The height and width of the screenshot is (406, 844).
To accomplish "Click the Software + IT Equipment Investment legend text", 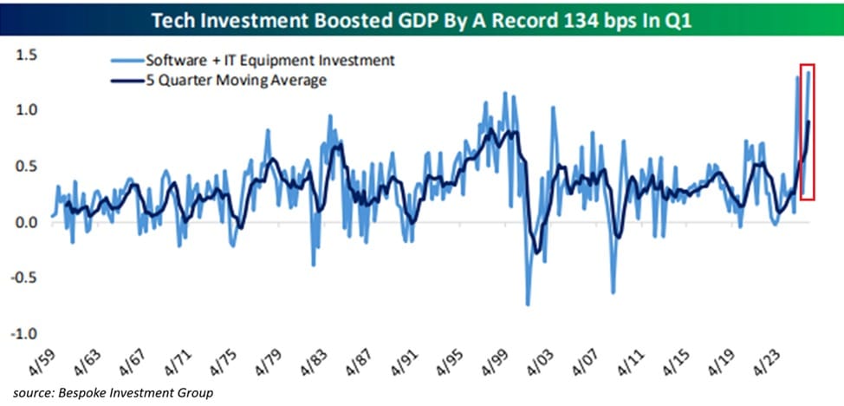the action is coord(270,61).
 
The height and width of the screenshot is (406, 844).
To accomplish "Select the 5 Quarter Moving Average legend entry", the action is coord(236,81).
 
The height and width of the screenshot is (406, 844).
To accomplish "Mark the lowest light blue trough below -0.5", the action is coord(528,304).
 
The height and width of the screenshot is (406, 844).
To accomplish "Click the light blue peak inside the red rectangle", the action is coord(808,72).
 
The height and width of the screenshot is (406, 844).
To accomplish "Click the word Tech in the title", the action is coord(170,21).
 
